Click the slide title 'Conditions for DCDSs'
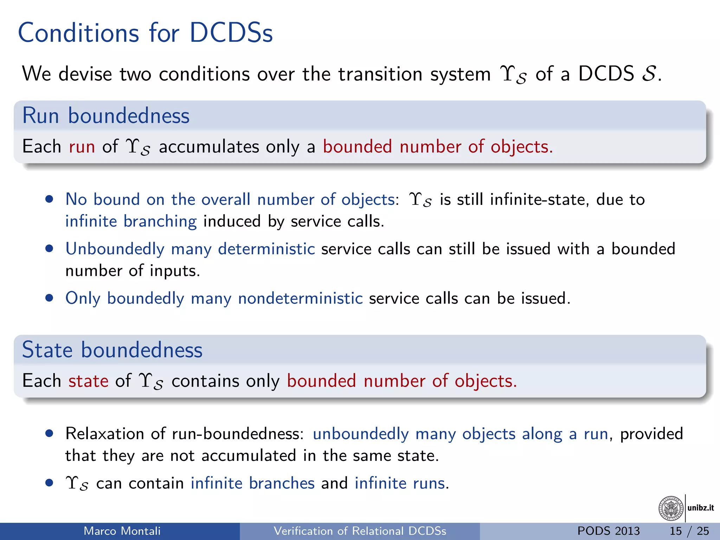coord(145,33)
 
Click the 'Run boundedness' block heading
coord(106,116)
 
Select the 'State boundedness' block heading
coord(112,350)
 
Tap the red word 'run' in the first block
coord(82,147)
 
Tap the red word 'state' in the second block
coord(88,381)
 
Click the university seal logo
coord(670,508)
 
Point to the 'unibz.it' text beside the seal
coord(700,508)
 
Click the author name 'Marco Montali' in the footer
coord(122,531)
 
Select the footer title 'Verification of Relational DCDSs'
coord(360,531)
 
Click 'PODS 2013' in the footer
coord(609,531)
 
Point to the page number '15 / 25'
coord(689,531)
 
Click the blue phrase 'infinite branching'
coord(131,221)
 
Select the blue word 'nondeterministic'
coord(300,298)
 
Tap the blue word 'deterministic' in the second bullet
coord(266,249)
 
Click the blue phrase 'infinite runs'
coord(400,483)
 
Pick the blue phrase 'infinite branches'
coord(252,483)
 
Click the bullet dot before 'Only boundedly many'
coord(49,298)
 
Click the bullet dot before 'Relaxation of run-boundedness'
coord(49,433)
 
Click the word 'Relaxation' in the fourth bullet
coord(104,434)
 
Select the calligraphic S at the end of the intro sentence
coord(649,74)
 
